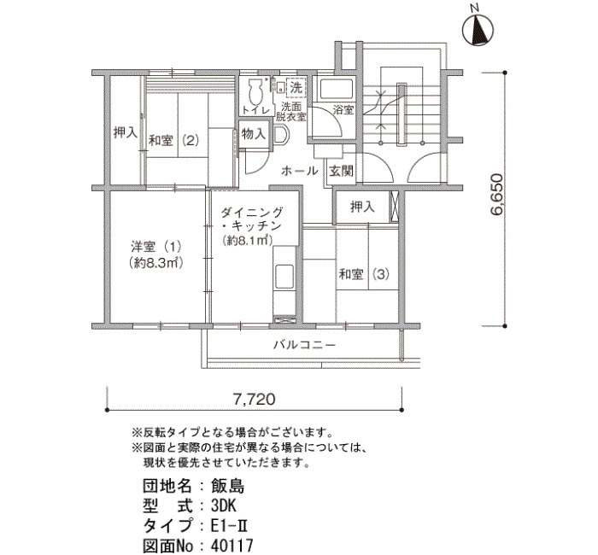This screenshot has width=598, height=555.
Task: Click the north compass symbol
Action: [478, 29]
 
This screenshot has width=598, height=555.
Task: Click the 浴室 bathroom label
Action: [343, 110]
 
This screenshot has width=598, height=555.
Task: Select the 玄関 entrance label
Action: [342, 171]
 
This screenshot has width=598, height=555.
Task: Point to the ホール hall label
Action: [299, 171]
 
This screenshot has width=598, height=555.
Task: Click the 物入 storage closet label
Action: [254, 134]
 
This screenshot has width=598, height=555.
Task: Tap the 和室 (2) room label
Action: [173, 141]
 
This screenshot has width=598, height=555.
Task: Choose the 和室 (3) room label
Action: [364, 274]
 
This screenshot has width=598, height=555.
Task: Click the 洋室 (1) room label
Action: [155, 247]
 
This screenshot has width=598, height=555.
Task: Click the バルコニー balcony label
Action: [305, 345]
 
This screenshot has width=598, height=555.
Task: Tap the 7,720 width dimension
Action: [254, 399]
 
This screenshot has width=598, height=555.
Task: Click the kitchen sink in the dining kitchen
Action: [284, 276]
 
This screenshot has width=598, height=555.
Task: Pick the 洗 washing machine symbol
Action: [296, 87]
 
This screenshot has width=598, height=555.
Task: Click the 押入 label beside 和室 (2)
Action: [126, 132]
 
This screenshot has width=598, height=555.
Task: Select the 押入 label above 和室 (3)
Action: [362, 207]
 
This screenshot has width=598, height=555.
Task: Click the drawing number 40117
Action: [232, 546]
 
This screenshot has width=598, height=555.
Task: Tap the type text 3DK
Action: [224, 505]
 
